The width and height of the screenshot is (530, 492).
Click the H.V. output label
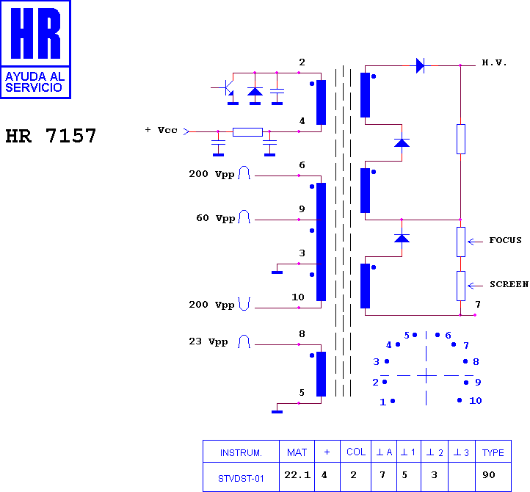click(494, 62)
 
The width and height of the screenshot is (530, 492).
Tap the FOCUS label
click(505, 240)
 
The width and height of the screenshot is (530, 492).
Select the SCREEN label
click(509, 284)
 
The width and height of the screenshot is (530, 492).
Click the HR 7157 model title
click(51, 136)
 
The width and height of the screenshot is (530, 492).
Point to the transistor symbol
click(227, 89)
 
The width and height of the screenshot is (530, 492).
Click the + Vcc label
click(161, 130)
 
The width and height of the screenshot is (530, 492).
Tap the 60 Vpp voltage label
click(216, 218)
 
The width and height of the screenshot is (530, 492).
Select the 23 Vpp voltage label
click(208, 341)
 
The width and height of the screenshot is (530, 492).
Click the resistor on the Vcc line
click(248, 132)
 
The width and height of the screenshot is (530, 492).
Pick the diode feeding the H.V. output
click(420, 65)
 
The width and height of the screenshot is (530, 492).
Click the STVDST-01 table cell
click(241, 479)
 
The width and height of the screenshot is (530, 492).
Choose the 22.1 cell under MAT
click(297, 475)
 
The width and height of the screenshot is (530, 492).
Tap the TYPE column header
click(493, 453)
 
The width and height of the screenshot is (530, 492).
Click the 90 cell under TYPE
click(489, 475)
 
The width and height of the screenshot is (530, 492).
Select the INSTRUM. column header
click(241, 453)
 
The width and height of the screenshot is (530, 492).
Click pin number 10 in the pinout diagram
click(475, 401)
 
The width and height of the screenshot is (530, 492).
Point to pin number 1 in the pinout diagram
click(382, 402)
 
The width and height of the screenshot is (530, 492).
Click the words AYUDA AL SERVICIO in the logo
click(35, 82)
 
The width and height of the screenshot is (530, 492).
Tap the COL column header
click(356, 452)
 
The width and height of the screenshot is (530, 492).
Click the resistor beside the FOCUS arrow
click(461, 242)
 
